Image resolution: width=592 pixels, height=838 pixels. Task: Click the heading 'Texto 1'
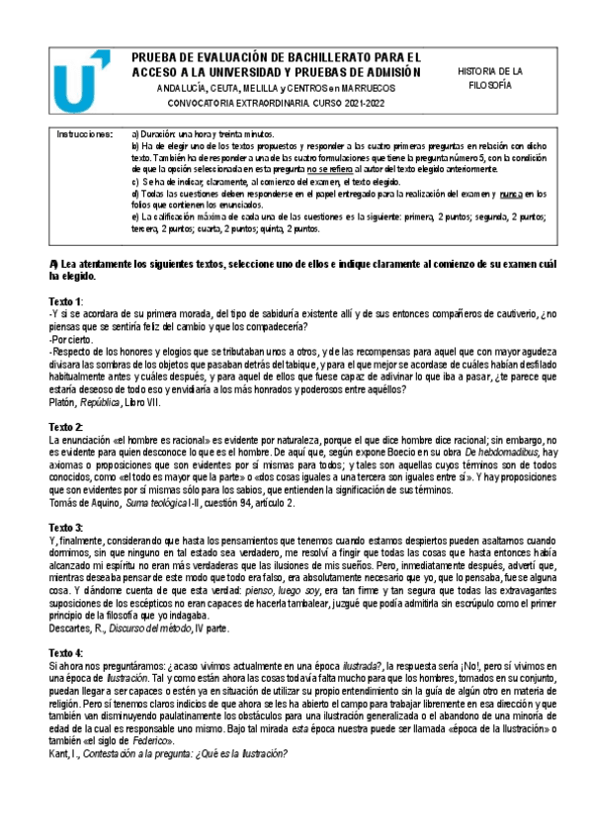66,300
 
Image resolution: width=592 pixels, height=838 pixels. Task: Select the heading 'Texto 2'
66,426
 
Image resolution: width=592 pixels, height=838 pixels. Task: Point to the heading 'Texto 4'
66,654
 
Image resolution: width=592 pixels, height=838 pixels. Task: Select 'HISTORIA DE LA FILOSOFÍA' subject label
490,78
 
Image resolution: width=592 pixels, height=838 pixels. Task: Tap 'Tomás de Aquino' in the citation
90,504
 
